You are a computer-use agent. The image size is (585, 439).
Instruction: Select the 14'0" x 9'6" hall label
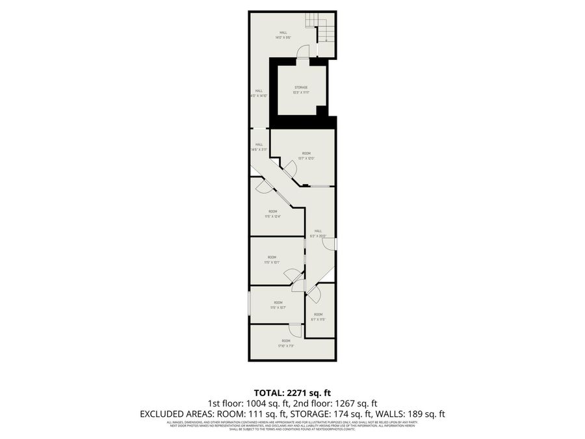[283, 35]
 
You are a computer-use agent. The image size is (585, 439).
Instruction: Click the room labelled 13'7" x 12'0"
[306, 155]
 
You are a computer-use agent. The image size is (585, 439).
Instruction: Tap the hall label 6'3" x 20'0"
[318, 233]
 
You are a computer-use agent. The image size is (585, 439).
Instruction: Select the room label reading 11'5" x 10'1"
[272, 260]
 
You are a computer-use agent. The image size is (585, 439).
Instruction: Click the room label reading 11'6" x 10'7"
[278, 306]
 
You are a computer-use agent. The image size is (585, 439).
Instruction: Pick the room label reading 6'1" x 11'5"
[318, 317]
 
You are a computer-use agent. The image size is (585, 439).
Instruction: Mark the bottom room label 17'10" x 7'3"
[286, 343]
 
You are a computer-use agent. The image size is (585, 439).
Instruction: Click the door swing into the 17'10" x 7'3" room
[295, 329]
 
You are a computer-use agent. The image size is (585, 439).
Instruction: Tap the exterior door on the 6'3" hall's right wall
[331, 244]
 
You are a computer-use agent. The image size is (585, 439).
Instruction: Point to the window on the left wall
[250, 304]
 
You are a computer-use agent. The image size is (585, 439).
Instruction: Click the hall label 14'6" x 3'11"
[259, 147]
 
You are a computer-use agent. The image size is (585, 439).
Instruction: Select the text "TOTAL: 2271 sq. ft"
[292, 392]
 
